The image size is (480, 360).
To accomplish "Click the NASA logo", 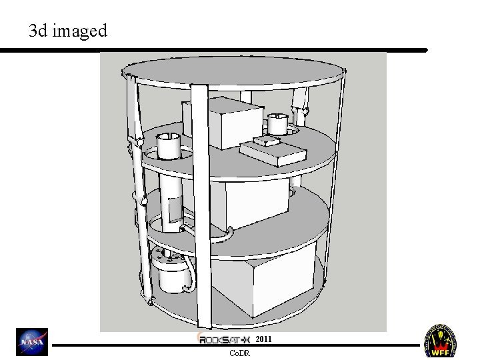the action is coord(32,341).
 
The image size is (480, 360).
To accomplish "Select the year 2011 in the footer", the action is coord(263,339).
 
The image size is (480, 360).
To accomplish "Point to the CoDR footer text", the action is coord(239,353).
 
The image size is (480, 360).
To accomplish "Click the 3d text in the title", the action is coord(38,31).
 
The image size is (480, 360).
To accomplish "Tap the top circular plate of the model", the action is coord(233,70).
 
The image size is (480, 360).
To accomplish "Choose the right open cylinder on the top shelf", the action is coord(277,123).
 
